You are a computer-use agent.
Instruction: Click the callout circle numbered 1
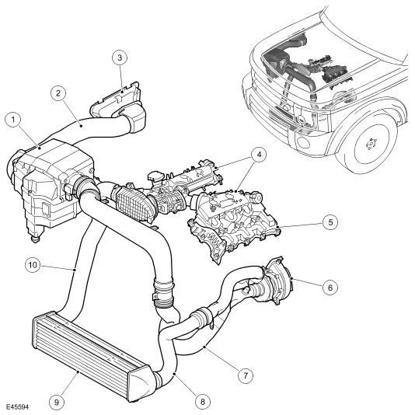(13, 120)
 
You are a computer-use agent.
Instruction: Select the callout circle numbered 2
(58, 93)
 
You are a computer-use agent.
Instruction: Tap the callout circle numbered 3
(120, 58)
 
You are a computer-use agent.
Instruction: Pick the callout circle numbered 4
(259, 155)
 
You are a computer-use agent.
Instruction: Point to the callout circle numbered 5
(330, 222)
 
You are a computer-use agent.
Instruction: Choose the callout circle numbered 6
(330, 288)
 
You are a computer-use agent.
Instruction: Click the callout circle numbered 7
(245, 375)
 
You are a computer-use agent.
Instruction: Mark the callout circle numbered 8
(203, 402)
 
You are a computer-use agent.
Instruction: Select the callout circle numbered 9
(57, 403)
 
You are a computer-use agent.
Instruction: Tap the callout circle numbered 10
(33, 265)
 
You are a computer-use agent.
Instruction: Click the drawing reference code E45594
(17, 406)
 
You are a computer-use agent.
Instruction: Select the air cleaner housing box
(51, 185)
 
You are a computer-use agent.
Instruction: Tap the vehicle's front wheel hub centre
(371, 145)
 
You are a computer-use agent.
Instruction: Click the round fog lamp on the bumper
(302, 141)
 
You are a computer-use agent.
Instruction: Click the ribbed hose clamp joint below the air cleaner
(163, 292)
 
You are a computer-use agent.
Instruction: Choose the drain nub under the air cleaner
(35, 239)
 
